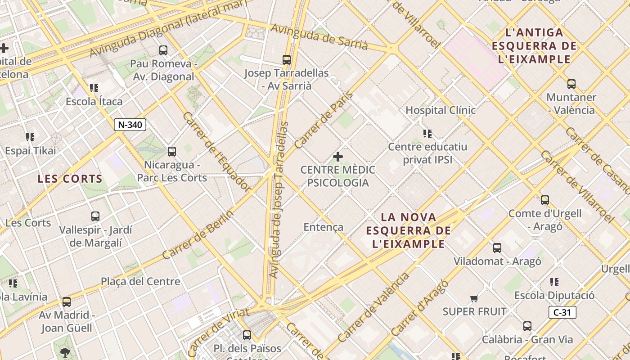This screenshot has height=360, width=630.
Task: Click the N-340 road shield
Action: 130,125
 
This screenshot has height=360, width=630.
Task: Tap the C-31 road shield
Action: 562,312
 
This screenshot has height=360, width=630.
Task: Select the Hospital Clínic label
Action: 441,110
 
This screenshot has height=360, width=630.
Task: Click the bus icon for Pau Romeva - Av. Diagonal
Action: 163,50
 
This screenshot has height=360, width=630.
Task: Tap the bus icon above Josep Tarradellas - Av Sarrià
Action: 287,59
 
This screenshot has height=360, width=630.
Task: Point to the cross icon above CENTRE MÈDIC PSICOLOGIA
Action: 338,157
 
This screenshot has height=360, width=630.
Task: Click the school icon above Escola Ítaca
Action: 94,88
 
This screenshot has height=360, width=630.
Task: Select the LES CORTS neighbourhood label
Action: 70,179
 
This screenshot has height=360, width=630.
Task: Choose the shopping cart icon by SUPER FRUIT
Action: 474,298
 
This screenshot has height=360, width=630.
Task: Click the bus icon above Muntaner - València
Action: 571,84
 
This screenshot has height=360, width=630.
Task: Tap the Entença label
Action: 323,227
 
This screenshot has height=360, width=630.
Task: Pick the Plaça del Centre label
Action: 140,282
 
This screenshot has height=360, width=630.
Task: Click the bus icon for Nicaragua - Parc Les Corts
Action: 171,152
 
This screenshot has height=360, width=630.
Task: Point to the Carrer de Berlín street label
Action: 198,235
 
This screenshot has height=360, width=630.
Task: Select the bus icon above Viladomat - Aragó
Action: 497,248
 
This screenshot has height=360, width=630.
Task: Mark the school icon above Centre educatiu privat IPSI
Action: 427,134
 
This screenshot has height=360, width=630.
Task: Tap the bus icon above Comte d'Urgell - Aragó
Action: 545,200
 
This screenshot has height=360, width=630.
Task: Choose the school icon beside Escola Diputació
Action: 554,282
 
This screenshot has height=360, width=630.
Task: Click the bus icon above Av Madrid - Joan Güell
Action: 67,302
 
